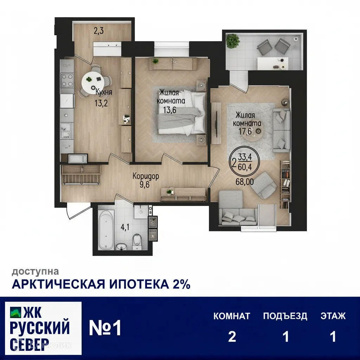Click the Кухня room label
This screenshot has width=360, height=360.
104,93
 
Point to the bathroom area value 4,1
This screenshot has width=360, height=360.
125,227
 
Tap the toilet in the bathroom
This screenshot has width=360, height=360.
137,242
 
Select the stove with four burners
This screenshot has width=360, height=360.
67,80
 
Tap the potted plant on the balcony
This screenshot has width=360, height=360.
233,41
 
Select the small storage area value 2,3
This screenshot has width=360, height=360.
98,31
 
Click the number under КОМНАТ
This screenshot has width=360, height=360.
232,337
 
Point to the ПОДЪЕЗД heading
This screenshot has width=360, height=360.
285,316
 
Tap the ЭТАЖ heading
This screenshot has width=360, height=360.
333,316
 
